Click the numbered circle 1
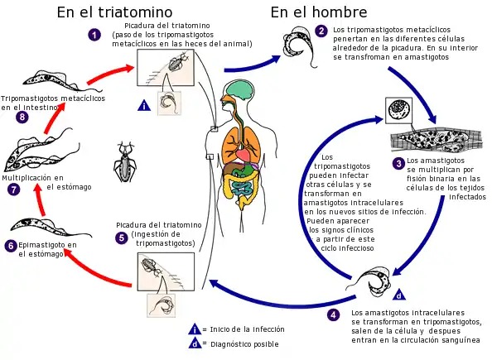click(94, 34)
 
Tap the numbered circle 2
click(321, 31)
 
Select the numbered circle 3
click(398, 163)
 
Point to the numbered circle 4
click(333, 314)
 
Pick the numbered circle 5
click(122, 238)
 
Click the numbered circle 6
click(11, 245)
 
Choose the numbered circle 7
click(14, 190)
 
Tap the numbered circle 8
click(22, 118)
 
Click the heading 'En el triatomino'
click(114, 12)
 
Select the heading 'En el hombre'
click(319, 12)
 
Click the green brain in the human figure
click(239, 89)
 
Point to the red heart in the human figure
click(242, 155)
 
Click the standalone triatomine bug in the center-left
click(125, 162)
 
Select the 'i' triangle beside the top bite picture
click(144, 105)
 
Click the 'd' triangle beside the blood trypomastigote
click(399, 295)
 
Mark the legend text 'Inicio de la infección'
click(248, 329)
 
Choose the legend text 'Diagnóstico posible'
click(244, 344)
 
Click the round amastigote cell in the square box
click(398, 110)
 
